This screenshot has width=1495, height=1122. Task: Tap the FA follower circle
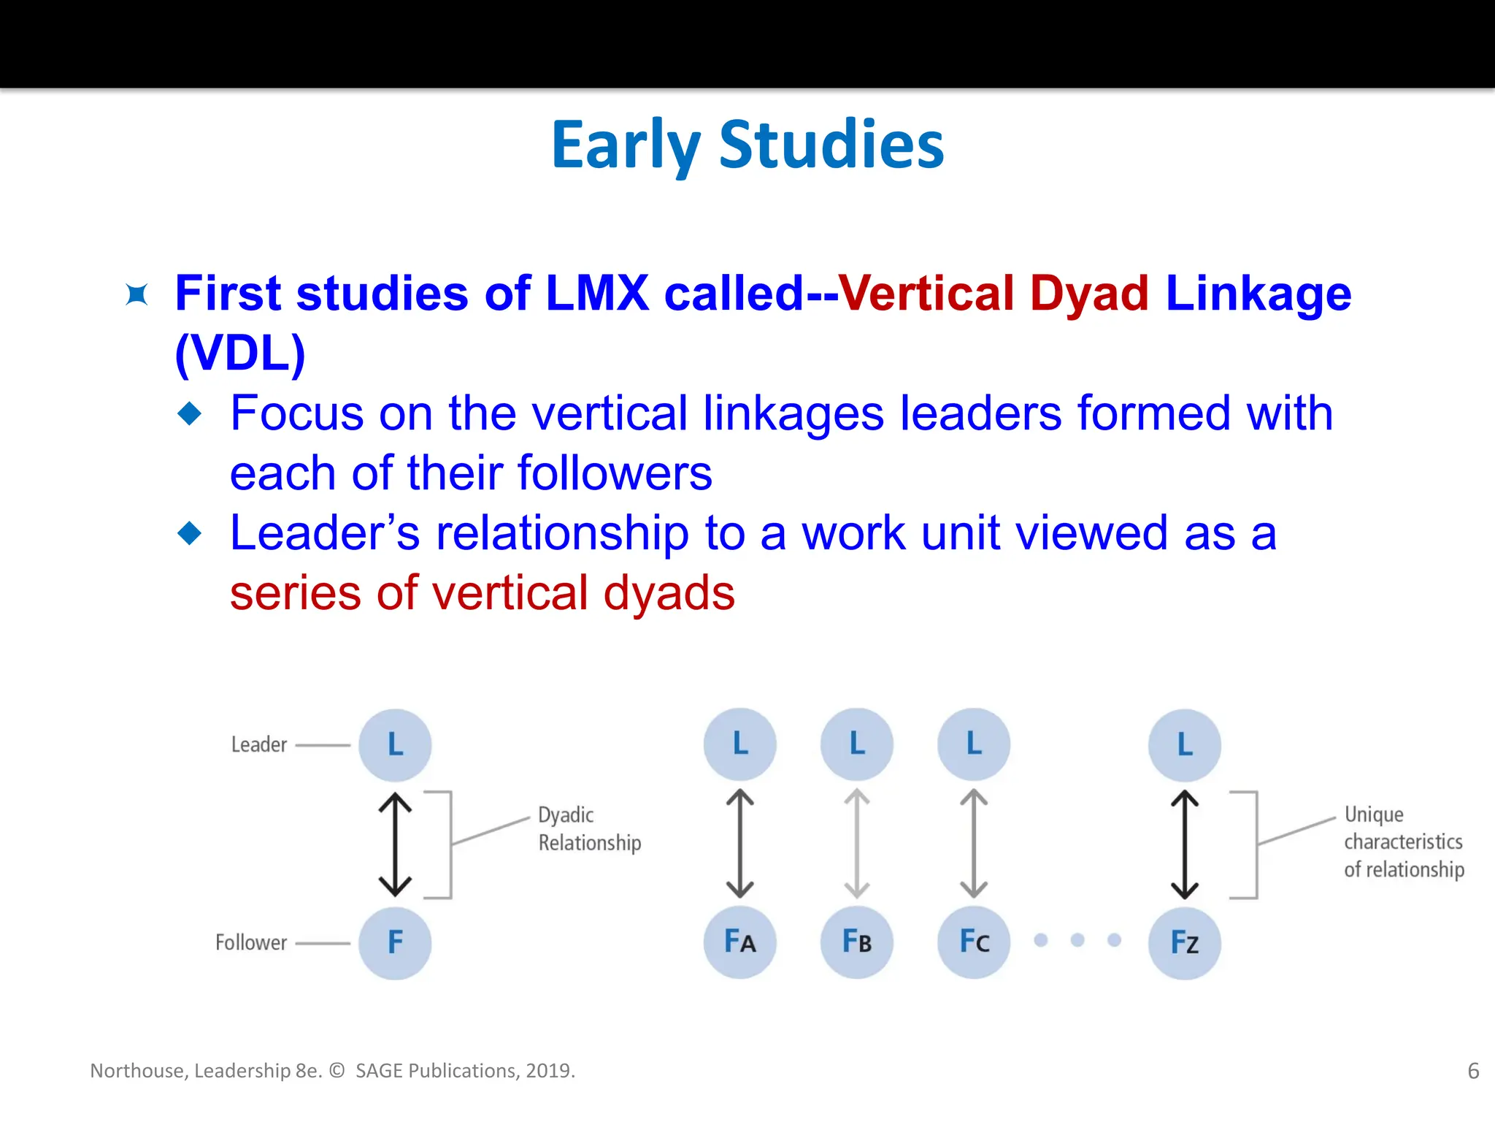coord(739,942)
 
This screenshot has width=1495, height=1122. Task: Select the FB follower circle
coord(856,942)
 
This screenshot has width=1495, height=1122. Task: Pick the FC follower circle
coord(973,942)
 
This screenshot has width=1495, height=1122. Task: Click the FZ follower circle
coord(1184,942)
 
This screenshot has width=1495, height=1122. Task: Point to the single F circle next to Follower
coord(395,942)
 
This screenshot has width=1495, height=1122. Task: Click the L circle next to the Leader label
coord(395,745)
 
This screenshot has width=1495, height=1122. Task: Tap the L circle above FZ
coord(1184,745)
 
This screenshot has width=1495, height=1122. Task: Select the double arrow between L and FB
coord(856,844)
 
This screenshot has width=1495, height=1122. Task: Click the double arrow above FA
coord(739,844)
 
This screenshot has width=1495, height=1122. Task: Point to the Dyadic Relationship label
coord(588,828)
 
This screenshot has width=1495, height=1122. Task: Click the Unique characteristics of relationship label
coord(1403,841)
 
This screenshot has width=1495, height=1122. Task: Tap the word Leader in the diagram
coord(258,745)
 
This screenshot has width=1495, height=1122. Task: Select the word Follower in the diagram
coord(251,942)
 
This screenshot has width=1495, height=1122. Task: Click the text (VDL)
coord(240,354)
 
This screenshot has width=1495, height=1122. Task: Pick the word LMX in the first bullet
coord(596,294)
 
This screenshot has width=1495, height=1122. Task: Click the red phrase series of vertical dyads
coord(482,592)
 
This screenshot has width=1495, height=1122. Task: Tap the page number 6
coord(1473,1071)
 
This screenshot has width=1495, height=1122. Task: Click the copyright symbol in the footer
coord(337,1071)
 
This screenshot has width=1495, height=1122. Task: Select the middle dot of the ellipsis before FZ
coord(1077,940)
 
